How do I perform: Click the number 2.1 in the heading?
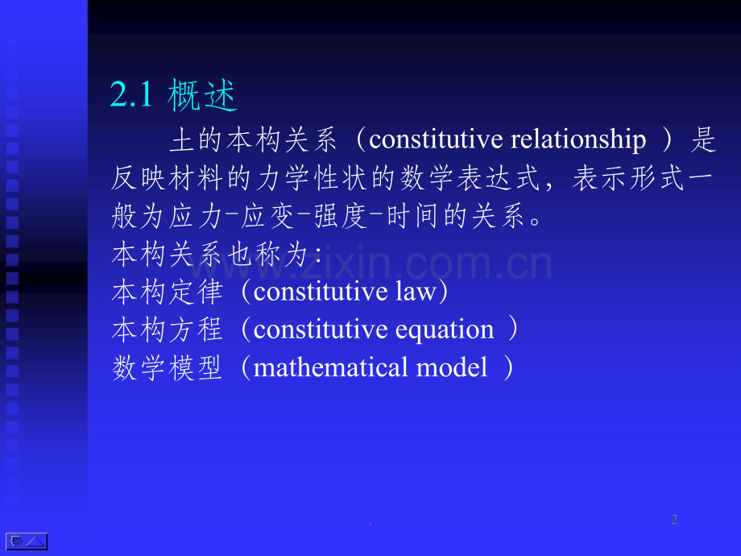[131, 94]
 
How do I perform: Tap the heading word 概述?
[202, 95]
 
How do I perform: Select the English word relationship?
[578, 140]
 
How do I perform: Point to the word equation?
[445, 330]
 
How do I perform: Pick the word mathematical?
[331, 367]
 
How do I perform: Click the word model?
[451, 367]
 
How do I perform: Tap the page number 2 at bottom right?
[674, 520]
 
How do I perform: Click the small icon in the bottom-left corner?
[27, 541]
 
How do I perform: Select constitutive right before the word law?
[321, 291]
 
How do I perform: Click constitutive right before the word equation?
[321, 330]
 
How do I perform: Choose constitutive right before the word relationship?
[436, 140]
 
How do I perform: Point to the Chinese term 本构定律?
[168, 292]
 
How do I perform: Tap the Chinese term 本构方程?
[168, 330]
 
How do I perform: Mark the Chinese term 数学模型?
[168, 367]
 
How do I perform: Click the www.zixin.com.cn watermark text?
[370, 263]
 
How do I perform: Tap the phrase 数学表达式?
[470, 178]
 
